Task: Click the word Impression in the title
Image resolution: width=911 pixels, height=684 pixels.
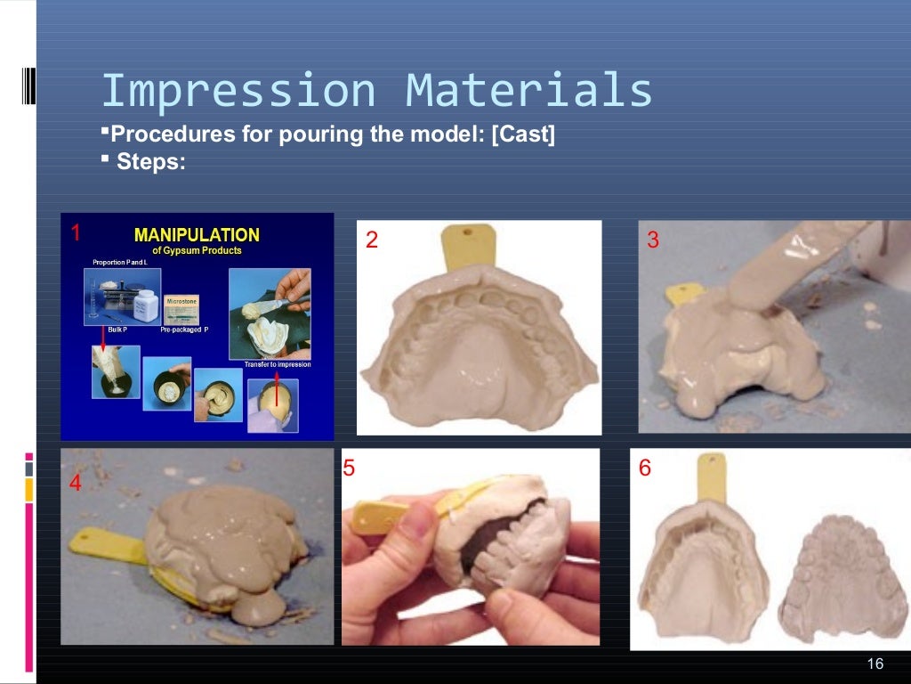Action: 239,92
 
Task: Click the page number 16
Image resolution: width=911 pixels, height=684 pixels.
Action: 875,664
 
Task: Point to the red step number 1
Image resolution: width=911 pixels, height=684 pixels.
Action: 77,233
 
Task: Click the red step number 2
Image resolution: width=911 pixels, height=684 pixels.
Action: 372,240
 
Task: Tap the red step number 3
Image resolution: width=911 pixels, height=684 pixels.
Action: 653,240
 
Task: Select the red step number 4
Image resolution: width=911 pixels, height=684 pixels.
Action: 76,484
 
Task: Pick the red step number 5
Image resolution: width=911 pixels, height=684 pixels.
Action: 349,468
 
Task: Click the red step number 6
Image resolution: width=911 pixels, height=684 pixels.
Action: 645,468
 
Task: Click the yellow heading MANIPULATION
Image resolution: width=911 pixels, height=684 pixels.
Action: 197,235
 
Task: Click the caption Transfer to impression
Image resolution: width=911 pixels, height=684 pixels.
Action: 277,365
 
